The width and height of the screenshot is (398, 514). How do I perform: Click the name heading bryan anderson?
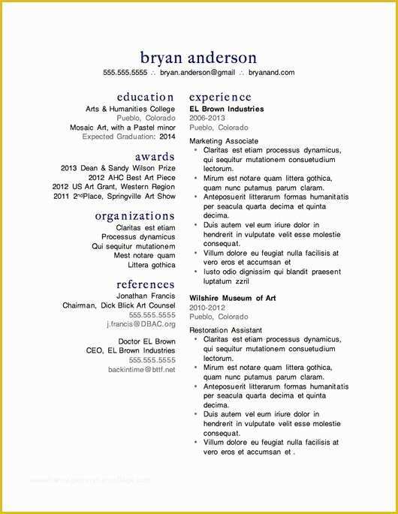(198, 58)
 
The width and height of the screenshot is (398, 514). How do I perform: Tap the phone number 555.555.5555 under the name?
(125, 73)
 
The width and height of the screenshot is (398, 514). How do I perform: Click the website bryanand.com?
(271, 73)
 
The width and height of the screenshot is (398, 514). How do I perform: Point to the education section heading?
(146, 97)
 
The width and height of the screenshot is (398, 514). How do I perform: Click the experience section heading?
(220, 97)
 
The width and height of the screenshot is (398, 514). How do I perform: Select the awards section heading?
(155, 157)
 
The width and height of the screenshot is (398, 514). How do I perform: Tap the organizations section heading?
(134, 216)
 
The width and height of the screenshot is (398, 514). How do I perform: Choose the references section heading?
(146, 284)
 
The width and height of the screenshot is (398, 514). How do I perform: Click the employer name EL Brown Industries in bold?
(226, 110)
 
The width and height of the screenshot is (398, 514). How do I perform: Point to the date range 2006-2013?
(207, 119)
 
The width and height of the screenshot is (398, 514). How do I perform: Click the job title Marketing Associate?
(224, 141)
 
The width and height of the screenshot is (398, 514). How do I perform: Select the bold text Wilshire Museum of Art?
(233, 298)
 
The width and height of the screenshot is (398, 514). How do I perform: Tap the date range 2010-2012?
(207, 308)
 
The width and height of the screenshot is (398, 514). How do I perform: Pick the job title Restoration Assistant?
(225, 330)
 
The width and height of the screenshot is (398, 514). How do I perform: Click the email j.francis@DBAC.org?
(140, 324)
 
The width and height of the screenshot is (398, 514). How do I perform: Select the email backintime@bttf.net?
(141, 369)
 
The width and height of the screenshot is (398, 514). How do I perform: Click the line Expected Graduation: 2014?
(128, 137)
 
